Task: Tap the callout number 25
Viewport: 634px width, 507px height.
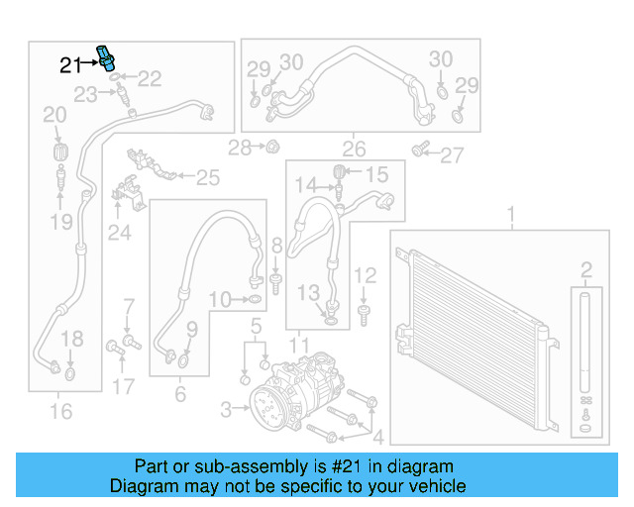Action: click(207, 178)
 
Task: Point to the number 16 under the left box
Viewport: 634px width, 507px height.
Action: click(61, 410)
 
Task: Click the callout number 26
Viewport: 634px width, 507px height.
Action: click(354, 151)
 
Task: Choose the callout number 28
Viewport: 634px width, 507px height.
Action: click(240, 149)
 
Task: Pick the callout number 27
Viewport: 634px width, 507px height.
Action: click(452, 154)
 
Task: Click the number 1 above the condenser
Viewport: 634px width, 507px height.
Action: click(511, 214)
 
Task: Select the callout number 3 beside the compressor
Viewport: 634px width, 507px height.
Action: click(227, 408)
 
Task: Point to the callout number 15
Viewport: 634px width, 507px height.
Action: click(377, 176)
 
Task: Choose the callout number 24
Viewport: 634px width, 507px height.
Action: click(120, 233)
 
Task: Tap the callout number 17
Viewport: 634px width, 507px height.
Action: click(122, 386)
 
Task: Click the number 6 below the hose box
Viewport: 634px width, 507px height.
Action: click(180, 394)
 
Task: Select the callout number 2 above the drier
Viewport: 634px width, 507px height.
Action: click(586, 269)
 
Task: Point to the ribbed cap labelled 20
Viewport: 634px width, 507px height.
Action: click(61, 152)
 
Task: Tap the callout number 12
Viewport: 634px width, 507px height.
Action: click(365, 274)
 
